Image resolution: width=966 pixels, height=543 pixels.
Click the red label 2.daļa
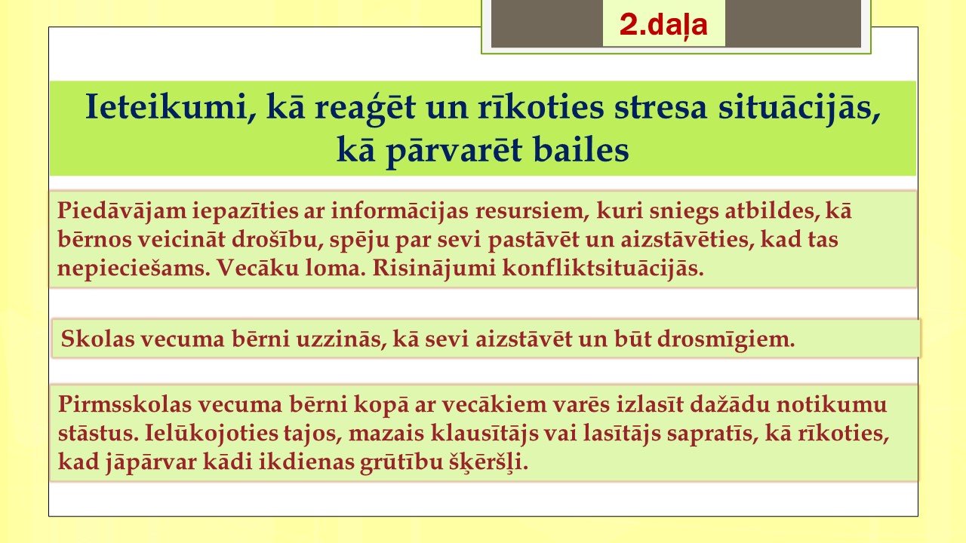coord(663,25)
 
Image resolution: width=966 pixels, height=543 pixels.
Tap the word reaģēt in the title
coord(365,108)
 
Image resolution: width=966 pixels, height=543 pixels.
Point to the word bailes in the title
coord(581,149)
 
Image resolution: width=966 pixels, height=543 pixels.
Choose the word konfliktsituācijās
coord(603,268)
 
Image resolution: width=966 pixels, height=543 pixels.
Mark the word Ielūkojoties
coord(211,434)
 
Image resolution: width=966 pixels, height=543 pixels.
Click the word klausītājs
coord(485,434)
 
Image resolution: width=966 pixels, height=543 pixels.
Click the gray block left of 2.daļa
coord(547,23)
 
